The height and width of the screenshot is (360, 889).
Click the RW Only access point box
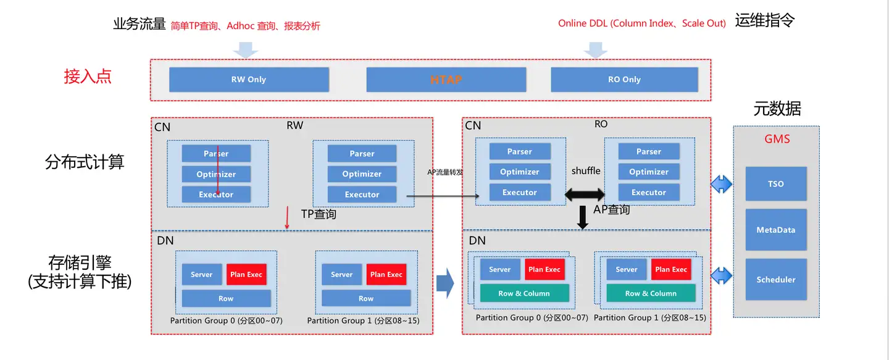(x=249, y=80)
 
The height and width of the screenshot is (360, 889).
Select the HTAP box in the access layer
(x=446, y=80)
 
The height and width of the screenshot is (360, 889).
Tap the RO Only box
(x=624, y=80)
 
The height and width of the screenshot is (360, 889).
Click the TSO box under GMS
(x=776, y=184)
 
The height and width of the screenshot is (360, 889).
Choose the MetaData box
(x=776, y=230)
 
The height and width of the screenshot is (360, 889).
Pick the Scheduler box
(x=776, y=280)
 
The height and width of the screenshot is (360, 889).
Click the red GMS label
(x=777, y=139)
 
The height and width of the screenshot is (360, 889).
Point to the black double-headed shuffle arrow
(x=585, y=195)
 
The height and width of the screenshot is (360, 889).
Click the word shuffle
(x=586, y=170)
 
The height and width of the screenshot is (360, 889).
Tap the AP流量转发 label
(x=445, y=172)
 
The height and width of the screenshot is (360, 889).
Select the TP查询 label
(x=319, y=214)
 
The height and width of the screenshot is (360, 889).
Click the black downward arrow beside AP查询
(x=583, y=217)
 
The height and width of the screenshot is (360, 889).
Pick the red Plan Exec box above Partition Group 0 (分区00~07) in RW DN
(x=246, y=274)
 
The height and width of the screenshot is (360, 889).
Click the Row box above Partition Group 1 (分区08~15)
(x=366, y=298)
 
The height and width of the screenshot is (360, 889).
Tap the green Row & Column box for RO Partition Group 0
(x=524, y=293)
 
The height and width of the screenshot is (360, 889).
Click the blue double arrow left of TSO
(x=721, y=185)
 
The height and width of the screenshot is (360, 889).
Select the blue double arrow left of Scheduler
(x=721, y=276)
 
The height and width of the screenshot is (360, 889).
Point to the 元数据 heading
(x=777, y=109)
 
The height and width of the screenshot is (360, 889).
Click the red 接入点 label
(x=88, y=76)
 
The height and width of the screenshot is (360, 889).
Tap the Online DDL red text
(x=642, y=23)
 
